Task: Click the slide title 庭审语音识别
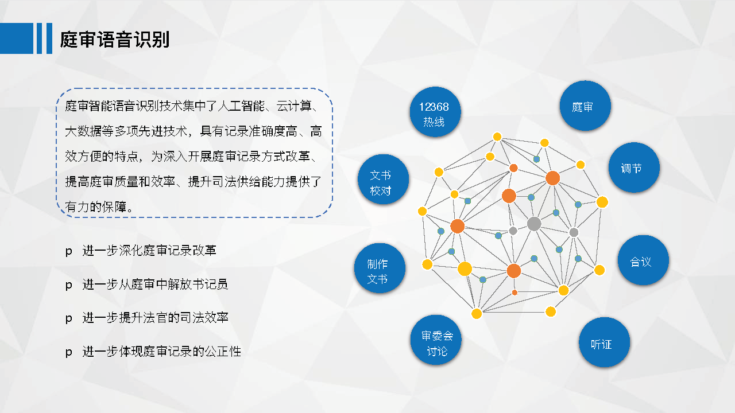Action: coord(114,40)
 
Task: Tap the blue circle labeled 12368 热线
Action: coord(435,112)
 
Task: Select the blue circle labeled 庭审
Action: coord(585,106)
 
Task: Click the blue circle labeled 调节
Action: coord(634,167)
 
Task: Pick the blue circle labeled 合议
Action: coord(643,260)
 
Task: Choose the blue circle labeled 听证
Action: coord(604,342)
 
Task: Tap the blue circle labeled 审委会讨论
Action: coord(436,340)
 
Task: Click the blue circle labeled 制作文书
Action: coord(380,268)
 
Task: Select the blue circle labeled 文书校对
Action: coord(383,180)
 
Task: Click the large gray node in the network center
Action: coord(534,224)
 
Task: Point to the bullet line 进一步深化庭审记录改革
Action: coord(149,251)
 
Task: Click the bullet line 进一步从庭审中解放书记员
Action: coord(155,284)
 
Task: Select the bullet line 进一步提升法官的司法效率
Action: coord(155,318)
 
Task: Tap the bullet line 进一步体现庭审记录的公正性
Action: coord(161,352)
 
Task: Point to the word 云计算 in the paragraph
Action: coord(294,106)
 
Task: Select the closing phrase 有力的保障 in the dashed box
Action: coord(96,207)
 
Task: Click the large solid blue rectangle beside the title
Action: coord(17,38)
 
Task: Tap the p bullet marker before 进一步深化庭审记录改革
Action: coord(68,252)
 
